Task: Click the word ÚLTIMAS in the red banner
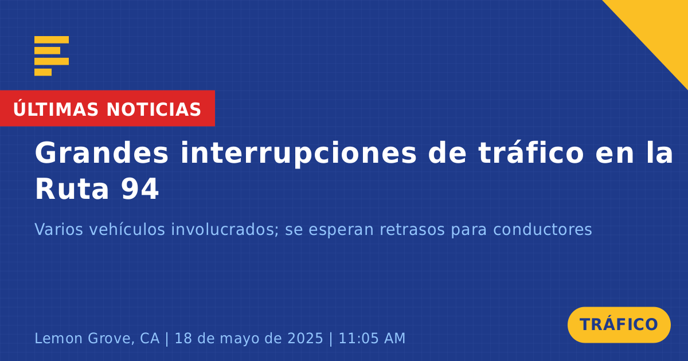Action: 56,108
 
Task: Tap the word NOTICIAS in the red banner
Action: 154,109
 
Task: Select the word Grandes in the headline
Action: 101,152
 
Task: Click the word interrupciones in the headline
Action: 298,153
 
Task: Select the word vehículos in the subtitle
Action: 127,229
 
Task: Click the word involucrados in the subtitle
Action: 225,229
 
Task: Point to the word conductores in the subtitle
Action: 542,229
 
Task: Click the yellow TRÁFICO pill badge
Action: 619,324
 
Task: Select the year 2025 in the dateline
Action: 305,338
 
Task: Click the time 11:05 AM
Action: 372,338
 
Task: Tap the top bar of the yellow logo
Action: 52,40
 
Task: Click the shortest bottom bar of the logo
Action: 43,72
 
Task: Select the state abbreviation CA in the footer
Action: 150,338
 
